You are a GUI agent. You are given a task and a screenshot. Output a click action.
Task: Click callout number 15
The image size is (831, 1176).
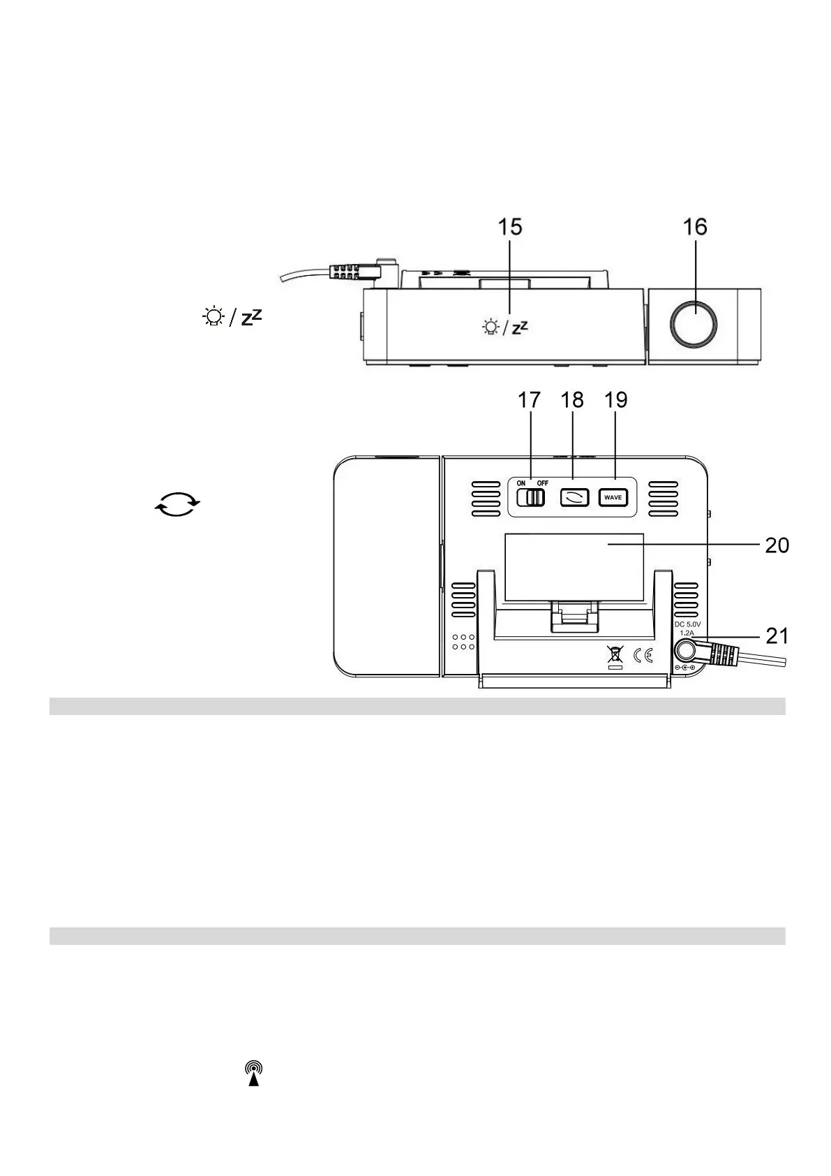tap(509, 227)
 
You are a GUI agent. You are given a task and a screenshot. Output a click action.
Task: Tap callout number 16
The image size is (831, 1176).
tap(695, 227)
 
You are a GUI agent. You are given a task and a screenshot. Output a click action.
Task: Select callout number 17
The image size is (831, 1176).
tap(529, 400)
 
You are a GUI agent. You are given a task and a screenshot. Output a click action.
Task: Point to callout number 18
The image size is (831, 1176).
tap(571, 400)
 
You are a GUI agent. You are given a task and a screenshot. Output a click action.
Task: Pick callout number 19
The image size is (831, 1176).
tap(615, 400)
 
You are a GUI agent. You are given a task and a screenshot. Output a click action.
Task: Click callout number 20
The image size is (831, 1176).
tap(777, 545)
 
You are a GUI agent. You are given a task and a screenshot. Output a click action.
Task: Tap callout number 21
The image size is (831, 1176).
tap(777, 635)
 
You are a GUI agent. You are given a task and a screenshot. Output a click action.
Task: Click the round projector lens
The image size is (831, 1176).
tap(694, 324)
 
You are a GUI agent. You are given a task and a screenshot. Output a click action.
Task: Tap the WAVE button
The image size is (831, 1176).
tap(613, 498)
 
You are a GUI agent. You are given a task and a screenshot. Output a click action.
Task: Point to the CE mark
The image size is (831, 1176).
tap(643, 656)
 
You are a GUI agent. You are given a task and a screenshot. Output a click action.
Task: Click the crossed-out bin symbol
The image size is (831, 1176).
tap(614, 655)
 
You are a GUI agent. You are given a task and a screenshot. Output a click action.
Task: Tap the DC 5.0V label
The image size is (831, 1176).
tap(687, 624)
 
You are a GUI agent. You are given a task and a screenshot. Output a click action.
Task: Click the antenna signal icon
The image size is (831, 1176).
tap(254, 1074)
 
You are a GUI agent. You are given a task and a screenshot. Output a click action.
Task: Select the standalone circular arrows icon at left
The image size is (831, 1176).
tap(177, 503)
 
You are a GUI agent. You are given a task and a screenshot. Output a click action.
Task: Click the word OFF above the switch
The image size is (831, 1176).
tap(542, 483)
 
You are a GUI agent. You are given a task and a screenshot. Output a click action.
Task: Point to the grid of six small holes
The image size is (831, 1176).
tap(463, 642)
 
